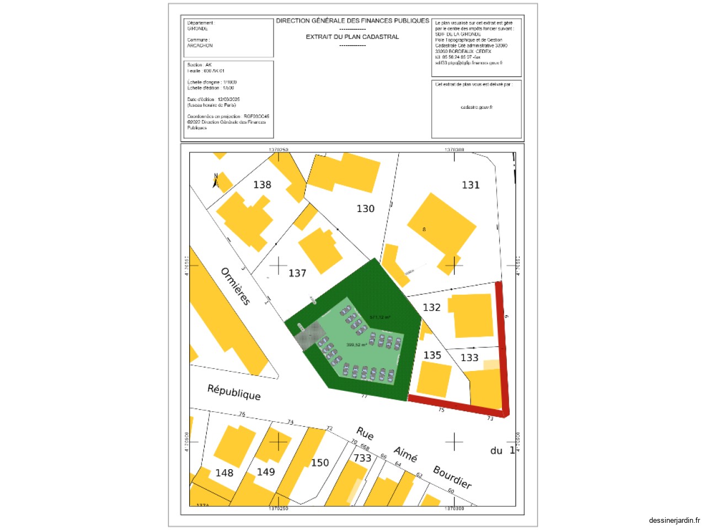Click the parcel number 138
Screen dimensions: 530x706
262,185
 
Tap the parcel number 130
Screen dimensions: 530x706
365,209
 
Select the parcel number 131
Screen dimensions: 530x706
470,185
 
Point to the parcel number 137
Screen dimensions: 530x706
297,273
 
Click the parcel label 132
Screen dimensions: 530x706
431,308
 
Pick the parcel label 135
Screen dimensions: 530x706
432,356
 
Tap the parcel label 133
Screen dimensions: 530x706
469,358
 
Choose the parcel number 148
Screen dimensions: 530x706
224,473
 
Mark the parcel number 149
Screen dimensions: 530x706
265,472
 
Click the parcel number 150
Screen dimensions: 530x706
320,463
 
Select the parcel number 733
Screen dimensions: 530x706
362,458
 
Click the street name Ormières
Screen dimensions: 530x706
236,287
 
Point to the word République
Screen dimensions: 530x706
234,392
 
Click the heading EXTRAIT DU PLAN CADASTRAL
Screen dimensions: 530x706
352,37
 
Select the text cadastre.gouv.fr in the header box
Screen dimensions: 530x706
477,108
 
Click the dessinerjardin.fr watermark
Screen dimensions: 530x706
674,520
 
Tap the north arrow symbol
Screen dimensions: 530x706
216,181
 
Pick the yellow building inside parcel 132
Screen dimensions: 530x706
472,315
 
